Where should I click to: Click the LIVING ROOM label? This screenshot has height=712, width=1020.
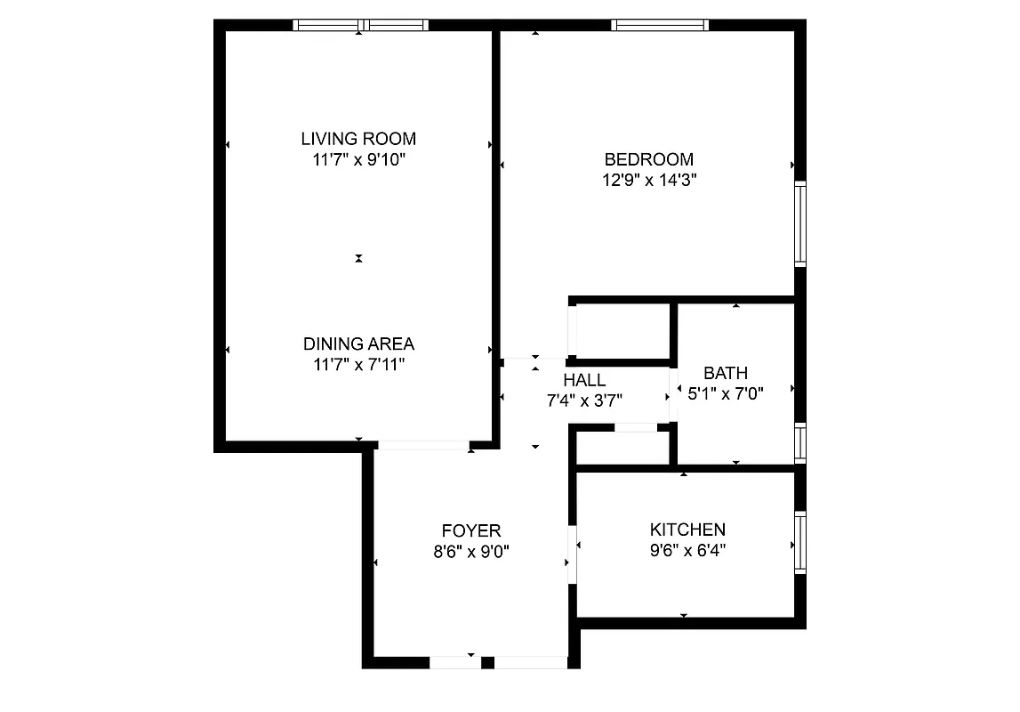(x=358, y=139)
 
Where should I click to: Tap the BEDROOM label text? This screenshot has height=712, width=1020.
(x=648, y=160)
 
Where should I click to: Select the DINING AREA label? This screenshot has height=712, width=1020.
(x=358, y=344)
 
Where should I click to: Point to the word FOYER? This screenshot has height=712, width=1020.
(x=471, y=530)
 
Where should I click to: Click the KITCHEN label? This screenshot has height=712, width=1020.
(x=687, y=530)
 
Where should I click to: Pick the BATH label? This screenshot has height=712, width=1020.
(x=726, y=373)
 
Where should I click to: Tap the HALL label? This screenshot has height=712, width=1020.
(x=584, y=381)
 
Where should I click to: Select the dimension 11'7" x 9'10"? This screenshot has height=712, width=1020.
(x=358, y=160)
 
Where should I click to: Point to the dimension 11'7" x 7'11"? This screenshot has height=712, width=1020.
(x=358, y=364)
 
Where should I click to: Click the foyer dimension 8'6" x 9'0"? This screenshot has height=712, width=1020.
(x=471, y=551)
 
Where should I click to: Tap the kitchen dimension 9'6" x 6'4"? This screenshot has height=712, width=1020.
(x=687, y=551)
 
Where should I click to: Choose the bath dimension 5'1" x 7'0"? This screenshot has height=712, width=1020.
(x=726, y=392)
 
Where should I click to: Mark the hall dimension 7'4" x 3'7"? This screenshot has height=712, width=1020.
(x=584, y=400)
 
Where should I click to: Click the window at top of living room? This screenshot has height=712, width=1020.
(x=361, y=26)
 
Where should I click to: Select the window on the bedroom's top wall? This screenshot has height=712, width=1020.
(x=660, y=26)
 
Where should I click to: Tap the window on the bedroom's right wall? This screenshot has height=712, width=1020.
(x=799, y=223)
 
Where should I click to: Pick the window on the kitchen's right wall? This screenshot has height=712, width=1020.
(x=799, y=542)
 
